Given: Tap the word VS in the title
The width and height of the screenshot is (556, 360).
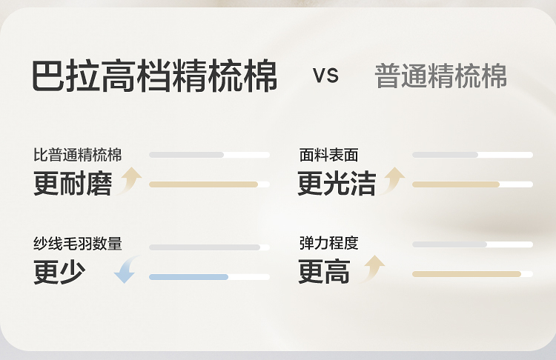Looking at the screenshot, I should pyautogui.click(x=326, y=76).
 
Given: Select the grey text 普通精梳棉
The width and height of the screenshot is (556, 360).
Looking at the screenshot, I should pyautogui.click(x=441, y=76).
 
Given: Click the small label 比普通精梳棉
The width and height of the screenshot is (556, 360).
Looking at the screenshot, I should pyautogui.click(x=77, y=155).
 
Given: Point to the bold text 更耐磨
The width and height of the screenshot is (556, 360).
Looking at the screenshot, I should pyautogui.click(x=72, y=184).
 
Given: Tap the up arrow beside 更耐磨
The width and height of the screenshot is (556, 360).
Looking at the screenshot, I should pyautogui.click(x=130, y=180).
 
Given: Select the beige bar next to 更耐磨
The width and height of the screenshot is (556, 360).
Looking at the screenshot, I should pyautogui.click(x=204, y=184).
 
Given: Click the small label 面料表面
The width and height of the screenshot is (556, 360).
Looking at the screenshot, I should pyautogui.click(x=328, y=155).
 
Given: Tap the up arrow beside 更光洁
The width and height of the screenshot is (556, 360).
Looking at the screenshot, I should pyautogui.click(x=394, y=180).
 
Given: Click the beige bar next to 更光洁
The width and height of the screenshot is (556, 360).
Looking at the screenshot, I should pyautogui.click(x=456, y=184).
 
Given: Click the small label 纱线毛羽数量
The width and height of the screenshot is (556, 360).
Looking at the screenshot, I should pyautogui.click(x=77, y=243).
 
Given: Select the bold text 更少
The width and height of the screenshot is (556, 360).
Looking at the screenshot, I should pyautogui.click(x=59, y=273).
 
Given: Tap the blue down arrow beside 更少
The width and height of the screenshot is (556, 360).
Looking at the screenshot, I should pyautogui.click(x=126, y=270).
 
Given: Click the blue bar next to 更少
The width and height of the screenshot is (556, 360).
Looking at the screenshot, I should pyautogui.click(x=188, y=277).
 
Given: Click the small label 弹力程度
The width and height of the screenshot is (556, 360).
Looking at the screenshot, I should pyautogui.click(x=328, y=243).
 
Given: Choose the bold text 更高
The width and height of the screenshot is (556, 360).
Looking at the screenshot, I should pyautogui.click(x=324, y=273).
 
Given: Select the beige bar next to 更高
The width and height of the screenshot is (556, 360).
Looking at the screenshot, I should pyautogui.click(x=467, y=274).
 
